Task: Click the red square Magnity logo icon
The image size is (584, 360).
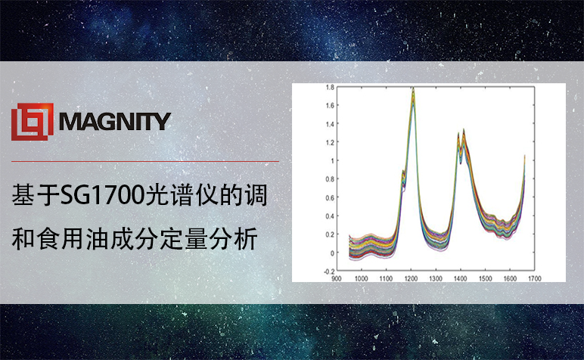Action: click(x=33, y=122)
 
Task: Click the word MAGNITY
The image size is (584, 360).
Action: click(x=115, y=121)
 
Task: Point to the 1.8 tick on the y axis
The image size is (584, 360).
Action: click(x=330, y=87)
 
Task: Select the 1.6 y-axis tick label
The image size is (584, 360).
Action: click(x=330, y=105)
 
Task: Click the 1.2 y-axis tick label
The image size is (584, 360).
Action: click(x=330, y=142)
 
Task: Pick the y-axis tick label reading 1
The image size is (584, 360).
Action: click(x=333, y=161)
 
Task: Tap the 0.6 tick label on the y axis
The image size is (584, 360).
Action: click(x=330, y=197)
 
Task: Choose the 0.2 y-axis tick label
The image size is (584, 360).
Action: click(x=330, y=234)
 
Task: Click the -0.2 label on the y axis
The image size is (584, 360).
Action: click(x=329, y=272)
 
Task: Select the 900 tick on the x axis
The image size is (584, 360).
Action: click(x=337, y=278)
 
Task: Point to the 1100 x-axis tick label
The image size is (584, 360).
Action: click(x=386, y=278)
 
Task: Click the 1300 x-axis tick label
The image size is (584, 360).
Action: click(x=436, y=278)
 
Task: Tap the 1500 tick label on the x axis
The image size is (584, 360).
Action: click(x=485, y=278)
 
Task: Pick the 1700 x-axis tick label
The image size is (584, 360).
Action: click(x=535, y=278)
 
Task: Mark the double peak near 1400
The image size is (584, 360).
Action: click(x=461, y=140)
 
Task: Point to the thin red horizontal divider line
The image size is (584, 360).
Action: click(x=145, y=162)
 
